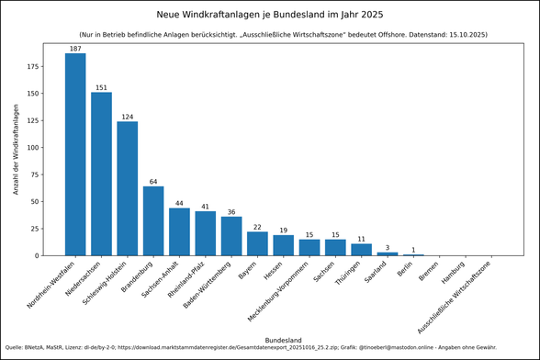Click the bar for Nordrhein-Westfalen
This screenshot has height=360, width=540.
(75, 154)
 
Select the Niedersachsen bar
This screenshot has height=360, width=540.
(101, 174)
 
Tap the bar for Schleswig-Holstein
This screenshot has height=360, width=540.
(127, 188)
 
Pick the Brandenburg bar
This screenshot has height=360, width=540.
(153, 220)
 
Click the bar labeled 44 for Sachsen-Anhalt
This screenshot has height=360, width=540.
(179, 231)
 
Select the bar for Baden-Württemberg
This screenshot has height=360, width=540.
(231, 236)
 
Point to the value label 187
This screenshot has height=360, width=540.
(75, 48)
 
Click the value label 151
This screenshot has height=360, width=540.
(101, 87)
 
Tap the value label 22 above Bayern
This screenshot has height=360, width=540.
(257, 227)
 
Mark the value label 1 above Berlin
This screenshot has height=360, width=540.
(413, 250)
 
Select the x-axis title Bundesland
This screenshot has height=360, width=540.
(283, 340)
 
